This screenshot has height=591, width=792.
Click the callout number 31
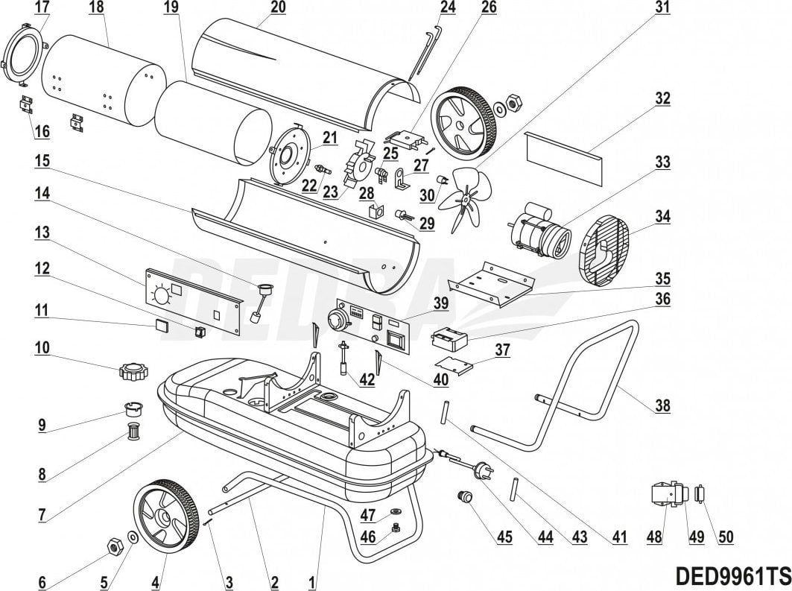(x=662, y=8)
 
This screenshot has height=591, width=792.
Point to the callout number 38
(x=662, y=406)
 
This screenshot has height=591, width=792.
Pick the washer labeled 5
(x=132, y=536)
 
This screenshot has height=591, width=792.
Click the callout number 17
(x=42, y=8)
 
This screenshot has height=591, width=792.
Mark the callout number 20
(x=256, y=8)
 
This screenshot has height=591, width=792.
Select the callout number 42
(x=366, y=379)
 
